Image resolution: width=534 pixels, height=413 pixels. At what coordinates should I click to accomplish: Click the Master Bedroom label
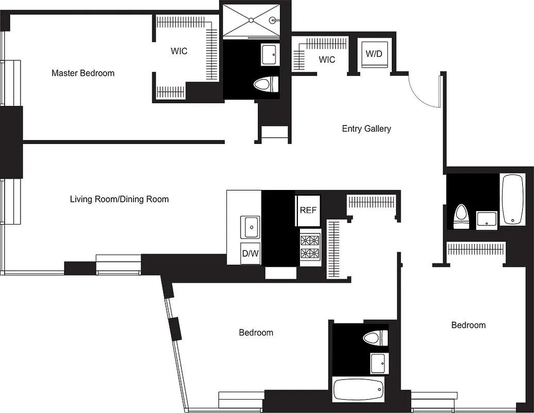pos(83,73)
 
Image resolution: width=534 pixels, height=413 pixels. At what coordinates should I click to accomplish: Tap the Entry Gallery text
pos(366,129)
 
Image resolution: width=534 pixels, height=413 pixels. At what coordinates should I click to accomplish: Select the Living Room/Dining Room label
pos(119,199)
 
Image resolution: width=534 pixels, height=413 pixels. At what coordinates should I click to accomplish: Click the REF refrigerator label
pos(308,210)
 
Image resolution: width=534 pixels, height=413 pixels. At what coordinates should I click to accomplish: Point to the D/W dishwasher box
pos(251,253)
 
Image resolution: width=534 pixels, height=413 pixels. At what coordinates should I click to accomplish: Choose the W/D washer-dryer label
pos(374,54)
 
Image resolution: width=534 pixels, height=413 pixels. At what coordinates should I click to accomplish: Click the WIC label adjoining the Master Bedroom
pos(179,52)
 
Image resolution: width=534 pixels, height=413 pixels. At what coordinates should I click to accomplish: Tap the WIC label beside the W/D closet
pos(327,60)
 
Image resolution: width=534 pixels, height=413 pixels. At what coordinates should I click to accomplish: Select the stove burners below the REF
pos(310,247)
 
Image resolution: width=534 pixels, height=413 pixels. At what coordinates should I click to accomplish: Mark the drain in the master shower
pos(251,20)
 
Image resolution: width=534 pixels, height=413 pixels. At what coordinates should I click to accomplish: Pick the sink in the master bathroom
pos(269,55)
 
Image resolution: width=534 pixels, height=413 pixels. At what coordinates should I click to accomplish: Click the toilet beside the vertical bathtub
pos(461,217)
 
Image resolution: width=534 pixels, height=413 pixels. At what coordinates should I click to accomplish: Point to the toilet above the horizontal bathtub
pos(375,339)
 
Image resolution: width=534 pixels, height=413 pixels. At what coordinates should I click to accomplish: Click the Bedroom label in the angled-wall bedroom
pos(256,332)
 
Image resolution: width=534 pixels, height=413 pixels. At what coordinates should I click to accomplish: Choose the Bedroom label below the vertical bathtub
pos(468,325)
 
